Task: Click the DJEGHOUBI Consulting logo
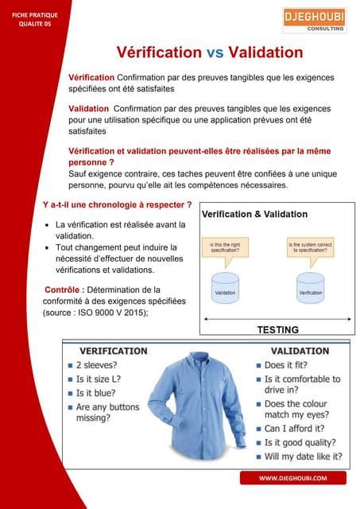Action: click(x=315, y=20)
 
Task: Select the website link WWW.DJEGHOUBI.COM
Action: click(x=293, y=477)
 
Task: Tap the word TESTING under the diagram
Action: click(x=277, y=329)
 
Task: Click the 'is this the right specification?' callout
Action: click(x=225, y=247)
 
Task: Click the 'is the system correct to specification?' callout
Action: click(x=311, y=247)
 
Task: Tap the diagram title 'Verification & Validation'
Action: click(x=254, y=215)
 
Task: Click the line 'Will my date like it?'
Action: click(x=303, y=457)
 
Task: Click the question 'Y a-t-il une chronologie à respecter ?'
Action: click(x=117, y=204)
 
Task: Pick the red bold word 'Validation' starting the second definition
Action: click(x=89, y=107)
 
